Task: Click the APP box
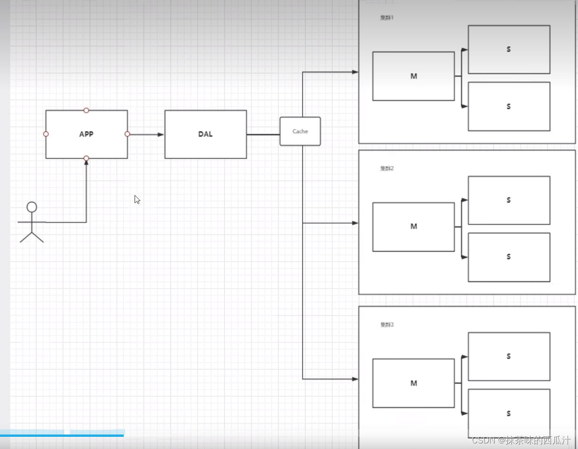point(86,134)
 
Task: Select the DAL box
point(206,134)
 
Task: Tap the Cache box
point(300,131)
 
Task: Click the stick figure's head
point(32,207)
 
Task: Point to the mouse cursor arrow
point(137,200)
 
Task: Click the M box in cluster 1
point(414,76)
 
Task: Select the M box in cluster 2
point(414,227)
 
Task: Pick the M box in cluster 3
point(414,383)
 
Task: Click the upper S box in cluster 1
point(509,50)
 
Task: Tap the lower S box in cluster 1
point(509,107)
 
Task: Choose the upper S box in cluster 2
point(509,200)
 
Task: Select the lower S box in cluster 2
point(509,257)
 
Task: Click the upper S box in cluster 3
point(509,356)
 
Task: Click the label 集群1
point(387,18)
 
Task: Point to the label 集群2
point(387,168)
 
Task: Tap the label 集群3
point(387,325)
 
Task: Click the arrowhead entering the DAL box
point(161,135)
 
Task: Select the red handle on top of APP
point(86,110)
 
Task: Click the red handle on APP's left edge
point(46,134)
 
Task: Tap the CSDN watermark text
point(521,440)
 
